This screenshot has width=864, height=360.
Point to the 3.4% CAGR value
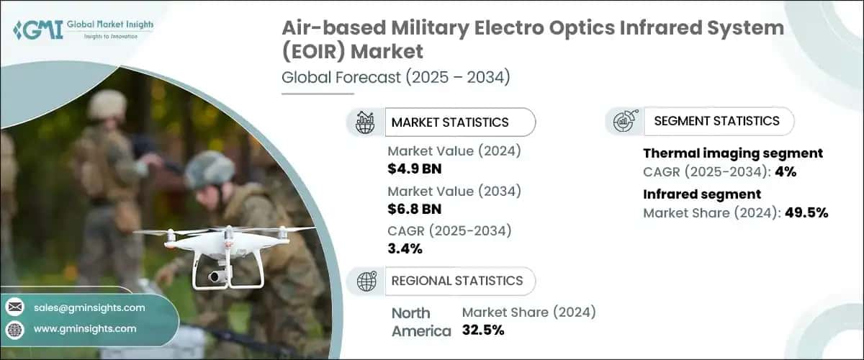(x=405, y=249)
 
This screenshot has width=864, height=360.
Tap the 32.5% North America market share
(x=483, y=330)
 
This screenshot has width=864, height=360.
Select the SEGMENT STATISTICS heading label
(x=716, y=121)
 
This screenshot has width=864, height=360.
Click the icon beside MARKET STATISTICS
(x=366, y=122)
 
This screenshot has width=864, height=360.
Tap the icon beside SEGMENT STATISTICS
(x=624, y=121)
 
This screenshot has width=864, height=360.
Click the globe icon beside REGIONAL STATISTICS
(x=366, y=281)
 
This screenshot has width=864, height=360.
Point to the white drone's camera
(x=215, y=276)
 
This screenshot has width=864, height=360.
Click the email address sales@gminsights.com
(x=89, y=307)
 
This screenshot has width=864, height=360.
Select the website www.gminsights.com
(x=85, y=329)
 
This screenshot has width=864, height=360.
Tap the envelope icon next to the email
(x=15, y=307)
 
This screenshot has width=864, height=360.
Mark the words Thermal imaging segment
(x=732, y=153)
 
